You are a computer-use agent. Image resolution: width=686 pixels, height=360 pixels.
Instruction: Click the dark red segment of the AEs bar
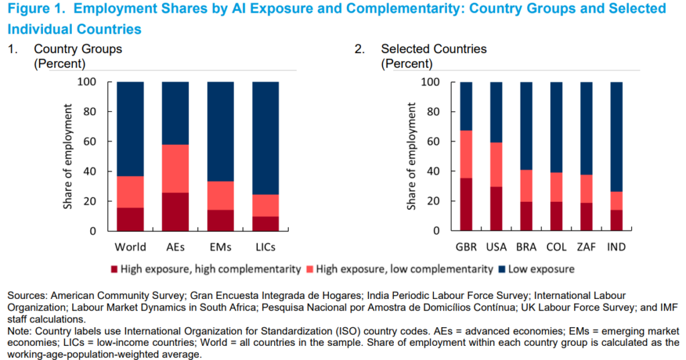(176, 211)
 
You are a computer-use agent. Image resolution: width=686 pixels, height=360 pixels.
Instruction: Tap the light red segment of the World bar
(130, 192)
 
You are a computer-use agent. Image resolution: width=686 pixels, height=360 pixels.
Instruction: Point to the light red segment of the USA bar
(496, 165)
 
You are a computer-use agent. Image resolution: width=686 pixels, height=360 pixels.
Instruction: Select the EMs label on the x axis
(220, 247)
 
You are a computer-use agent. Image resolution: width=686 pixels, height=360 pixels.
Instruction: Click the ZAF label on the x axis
(584, 247)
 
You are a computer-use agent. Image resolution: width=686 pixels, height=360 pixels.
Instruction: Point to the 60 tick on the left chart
(93, 141)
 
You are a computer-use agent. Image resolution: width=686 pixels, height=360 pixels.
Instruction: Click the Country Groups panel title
(78, 49)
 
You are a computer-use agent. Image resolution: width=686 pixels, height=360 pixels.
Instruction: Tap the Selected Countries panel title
(433, 49)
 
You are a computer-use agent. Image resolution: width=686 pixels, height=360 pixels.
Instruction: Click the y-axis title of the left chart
(68, 156)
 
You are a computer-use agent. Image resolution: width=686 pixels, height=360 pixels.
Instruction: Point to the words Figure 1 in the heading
(33, 9)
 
